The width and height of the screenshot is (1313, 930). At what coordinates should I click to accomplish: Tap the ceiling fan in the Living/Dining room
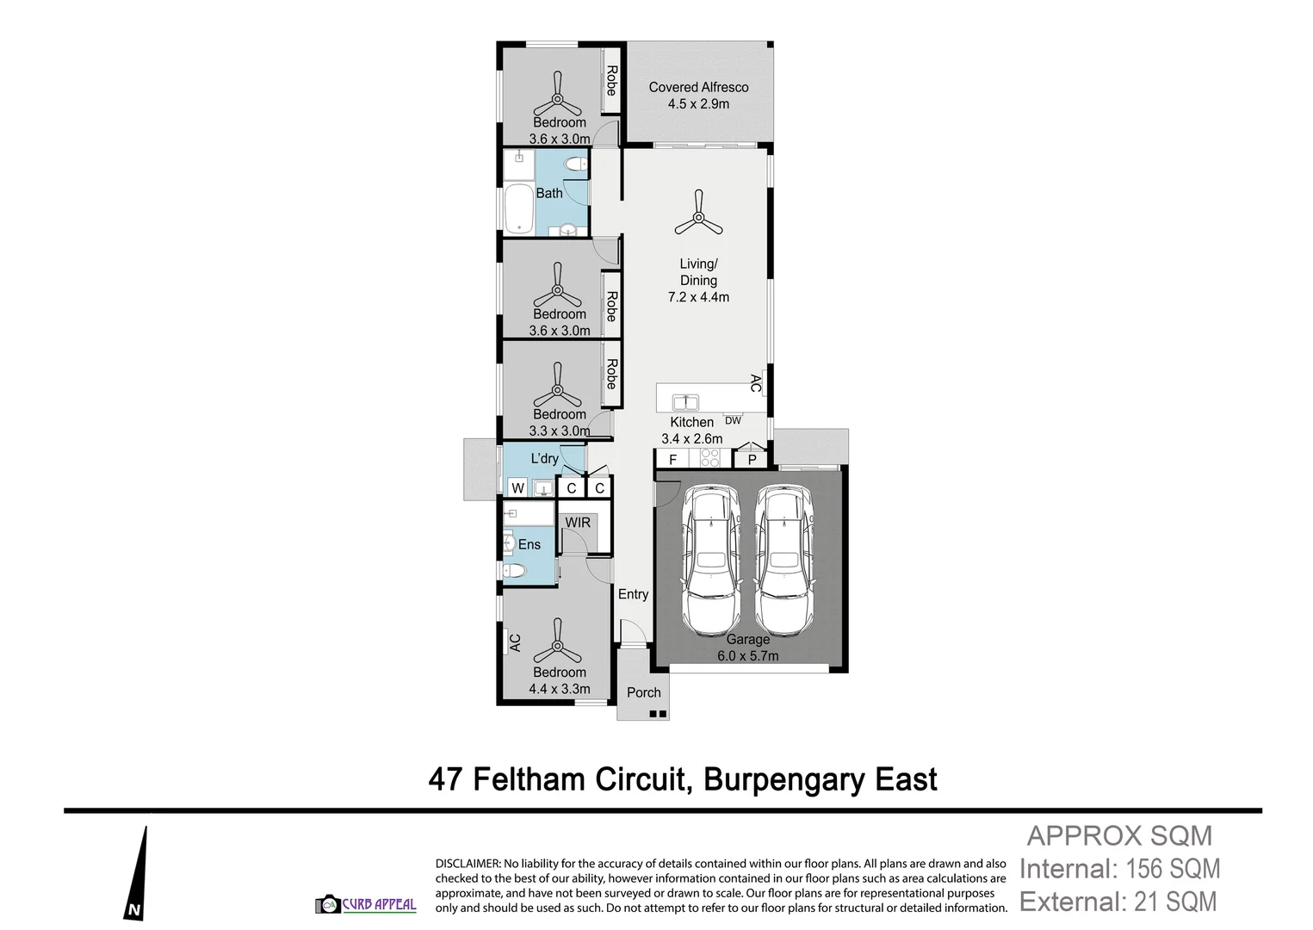point(698,214)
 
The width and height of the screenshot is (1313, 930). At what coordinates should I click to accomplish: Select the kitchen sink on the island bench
point(685,401)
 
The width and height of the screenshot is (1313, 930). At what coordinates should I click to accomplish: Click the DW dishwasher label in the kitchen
point(733,420)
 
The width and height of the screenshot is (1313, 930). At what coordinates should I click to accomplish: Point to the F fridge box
point(673,460)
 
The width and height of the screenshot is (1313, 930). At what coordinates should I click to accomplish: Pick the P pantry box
point(752,460)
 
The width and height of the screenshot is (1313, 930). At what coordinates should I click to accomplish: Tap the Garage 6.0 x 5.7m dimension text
point(747,655)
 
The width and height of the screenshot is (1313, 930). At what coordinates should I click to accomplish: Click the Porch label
point(643,692)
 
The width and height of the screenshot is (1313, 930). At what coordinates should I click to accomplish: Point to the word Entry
point(633,594)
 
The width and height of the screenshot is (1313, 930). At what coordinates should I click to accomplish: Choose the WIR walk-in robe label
point(578,522)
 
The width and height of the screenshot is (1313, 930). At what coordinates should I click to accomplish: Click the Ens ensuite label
point(530,544)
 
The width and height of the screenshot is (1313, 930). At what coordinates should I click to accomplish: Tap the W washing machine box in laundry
point(517,488)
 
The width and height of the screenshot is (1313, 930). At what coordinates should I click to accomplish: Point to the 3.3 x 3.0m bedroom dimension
point(560,431)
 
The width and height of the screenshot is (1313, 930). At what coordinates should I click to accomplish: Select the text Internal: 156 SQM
point(1119,869)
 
